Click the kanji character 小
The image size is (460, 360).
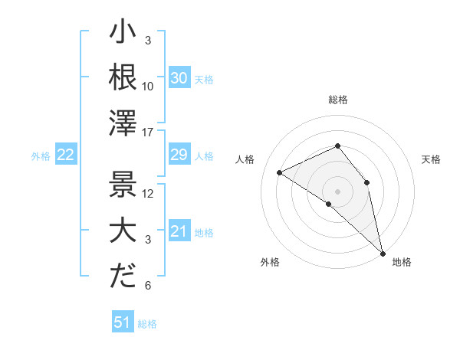[123, 34]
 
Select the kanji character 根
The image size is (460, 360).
[123, 77]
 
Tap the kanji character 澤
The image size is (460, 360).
[123, 123]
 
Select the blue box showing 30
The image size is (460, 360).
[179, 78]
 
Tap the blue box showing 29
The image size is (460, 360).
[179, 155]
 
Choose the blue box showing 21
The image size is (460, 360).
[179, 231]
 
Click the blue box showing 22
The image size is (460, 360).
[65, 155]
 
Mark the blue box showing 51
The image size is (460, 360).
[122, 322]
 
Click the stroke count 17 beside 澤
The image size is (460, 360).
[149, 133]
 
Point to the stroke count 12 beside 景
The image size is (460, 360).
[149, 194]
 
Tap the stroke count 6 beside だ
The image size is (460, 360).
[148, 286]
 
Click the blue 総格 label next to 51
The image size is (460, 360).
[147, 324]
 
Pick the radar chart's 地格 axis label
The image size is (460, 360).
[402, 262]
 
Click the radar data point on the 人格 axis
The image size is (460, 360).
[280, 172]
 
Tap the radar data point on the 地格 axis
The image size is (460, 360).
[382, 252]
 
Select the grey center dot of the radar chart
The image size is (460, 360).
[337, 191]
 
